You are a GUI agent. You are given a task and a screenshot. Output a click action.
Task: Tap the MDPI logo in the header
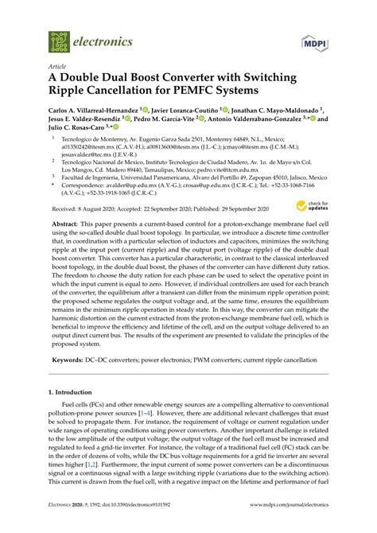[x=317, y=41]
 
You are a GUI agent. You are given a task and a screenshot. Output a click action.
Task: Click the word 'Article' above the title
[x=58, y=66]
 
